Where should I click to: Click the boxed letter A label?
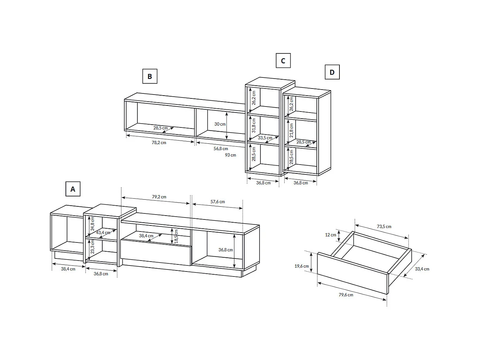(73, 189)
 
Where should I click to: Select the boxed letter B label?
(150, 76)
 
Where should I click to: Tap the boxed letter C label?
(283, 61)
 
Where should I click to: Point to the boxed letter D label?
(332, 72)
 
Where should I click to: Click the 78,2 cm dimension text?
(159, 143)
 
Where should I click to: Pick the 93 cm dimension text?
(230, 155)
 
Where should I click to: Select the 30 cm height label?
(220, 124)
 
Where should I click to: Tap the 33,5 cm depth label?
(265, 138)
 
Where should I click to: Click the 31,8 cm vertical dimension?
(254, 126)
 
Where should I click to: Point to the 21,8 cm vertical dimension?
(291, 130)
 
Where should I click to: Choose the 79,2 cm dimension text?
(159, 197)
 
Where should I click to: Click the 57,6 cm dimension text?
(218, 202)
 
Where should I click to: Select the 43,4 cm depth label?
(103, 233)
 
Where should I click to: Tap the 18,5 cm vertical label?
(176, 236)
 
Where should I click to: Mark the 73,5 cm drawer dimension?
(384, 227)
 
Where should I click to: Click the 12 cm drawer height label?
(330, 235)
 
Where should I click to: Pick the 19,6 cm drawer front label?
(302, 266)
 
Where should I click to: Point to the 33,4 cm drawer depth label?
(422, 269)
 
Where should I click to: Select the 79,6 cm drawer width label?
(346, 295)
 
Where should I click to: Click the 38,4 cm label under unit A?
(68, 269)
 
